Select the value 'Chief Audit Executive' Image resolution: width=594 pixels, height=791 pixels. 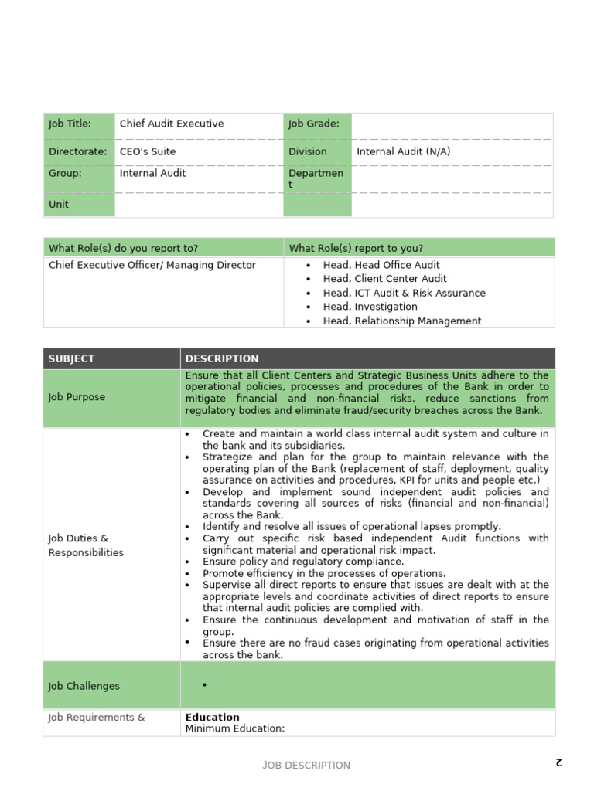(x=172, y=124)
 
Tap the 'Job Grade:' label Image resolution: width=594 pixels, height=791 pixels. (x=314, y=124)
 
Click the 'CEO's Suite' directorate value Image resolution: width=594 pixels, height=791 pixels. (x=148, y=151)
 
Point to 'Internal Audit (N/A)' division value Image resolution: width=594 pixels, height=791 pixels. (x=403, y=151)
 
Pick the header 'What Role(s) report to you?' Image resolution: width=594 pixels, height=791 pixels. (x=356, y=248)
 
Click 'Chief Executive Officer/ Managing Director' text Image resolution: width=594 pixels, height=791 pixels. (x=152, y=265)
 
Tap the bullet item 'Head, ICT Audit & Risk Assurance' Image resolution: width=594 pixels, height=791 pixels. (x=404, y=293)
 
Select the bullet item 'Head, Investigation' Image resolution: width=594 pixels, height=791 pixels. (x=370, y=307)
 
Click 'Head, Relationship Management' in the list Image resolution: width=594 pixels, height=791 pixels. (x=402, y=321)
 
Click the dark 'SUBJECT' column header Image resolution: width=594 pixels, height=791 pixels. (x=71, y=358)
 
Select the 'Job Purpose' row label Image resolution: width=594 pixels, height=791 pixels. (x=77, y=397)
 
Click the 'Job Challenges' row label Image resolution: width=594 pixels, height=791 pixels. (x=84, y=686)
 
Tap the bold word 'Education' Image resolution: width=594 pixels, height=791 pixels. (x=213, y=717)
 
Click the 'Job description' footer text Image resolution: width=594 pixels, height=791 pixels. (x=306, y=765)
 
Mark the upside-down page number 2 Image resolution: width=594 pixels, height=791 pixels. (x=557, y=762)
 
